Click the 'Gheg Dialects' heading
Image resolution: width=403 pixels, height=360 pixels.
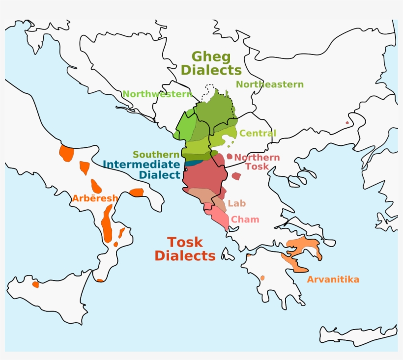tap(211, 63)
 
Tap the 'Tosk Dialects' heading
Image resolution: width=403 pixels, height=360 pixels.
tap(185, 249)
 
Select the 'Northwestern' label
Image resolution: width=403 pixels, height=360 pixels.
tap(157, 94)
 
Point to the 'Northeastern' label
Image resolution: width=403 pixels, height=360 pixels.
tap(269, 84)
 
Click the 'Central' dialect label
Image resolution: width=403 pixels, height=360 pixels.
tap(258, 133)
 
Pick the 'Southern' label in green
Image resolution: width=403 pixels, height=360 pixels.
tap(156, 154)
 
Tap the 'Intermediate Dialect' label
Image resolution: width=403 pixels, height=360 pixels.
tap(142, 169)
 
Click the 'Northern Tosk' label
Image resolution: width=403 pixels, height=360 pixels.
tap(257, 162)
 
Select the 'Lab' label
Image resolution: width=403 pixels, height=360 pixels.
tap(236, 203)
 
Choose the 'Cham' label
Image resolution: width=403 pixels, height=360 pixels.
tap(245, 220)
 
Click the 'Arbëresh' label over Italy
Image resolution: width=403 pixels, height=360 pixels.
tap(95, 198)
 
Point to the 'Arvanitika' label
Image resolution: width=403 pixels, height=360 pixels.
tap(333, 279)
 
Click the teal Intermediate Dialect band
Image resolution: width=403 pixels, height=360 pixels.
tap(193, 163)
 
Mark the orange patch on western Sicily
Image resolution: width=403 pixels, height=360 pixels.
tap(35, 284)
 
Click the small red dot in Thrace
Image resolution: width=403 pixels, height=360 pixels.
tap(347, 123)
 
